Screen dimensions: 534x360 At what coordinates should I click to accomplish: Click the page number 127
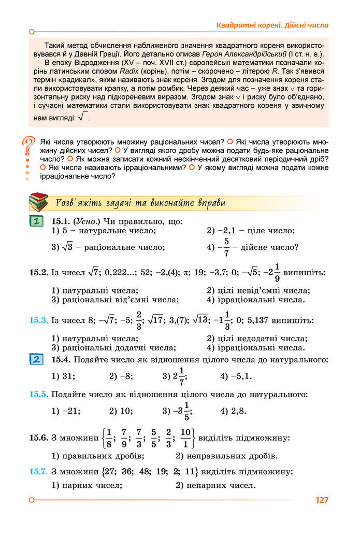[x=321, y=500]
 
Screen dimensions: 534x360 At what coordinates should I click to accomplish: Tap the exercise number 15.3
[x=38, y=320]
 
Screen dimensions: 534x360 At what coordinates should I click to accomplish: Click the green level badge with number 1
[x=36, y=222]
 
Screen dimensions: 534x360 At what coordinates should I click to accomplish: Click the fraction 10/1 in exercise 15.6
[x=185, y=438]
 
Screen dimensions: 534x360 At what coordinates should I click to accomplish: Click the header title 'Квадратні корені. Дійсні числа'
[x=272, y=25]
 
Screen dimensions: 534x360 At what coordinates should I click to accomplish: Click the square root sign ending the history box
[x=84, y=117]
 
